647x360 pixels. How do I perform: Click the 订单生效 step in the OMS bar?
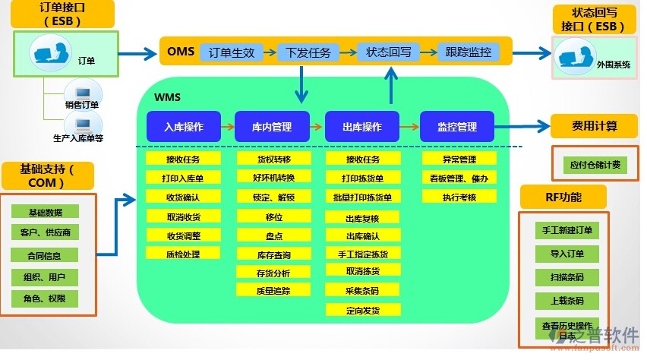(232, 52)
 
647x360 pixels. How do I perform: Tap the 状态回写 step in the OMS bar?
(389, 52)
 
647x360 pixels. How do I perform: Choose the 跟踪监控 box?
(469, 52)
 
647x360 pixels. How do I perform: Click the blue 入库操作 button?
(183, 127)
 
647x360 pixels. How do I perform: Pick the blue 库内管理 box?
(272, 127)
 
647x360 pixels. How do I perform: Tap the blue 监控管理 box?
(457, 127)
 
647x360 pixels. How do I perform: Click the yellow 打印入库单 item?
(183, 178)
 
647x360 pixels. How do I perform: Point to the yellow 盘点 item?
(274, 235)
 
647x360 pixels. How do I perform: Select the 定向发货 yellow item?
(362, 310)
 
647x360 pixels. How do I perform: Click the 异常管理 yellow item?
(459, 159)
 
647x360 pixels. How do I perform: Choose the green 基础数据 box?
(46, 212)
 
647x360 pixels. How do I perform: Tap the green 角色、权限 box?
(46, 299)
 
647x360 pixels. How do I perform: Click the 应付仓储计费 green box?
(595, 165)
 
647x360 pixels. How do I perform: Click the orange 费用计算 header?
(595, 125)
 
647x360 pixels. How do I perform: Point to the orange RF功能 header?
(563, 197)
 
